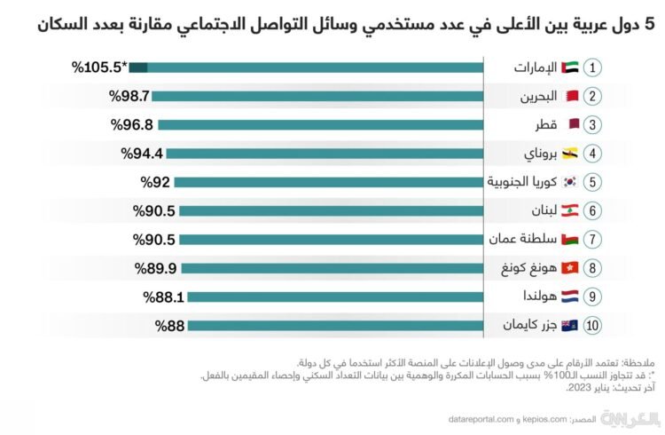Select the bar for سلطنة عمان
tap(330, 240)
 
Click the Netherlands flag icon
tap(549, 297)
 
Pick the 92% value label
tap(155, 182)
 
